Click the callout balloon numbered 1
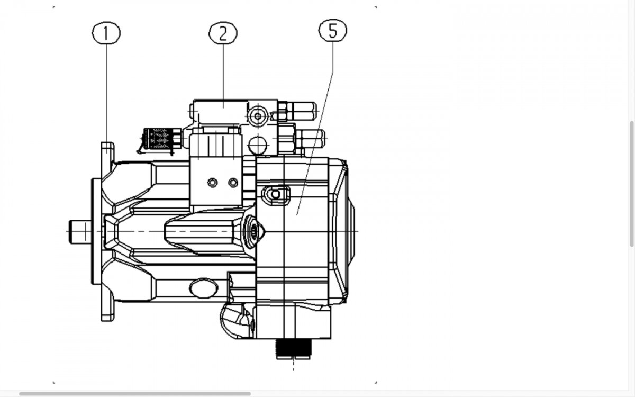coord(106,33)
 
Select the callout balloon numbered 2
coord(223,33)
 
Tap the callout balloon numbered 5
coord(333,30)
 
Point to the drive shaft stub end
coord(80,232)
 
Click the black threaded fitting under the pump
coord(293,349)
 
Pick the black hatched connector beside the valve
coord(159,139)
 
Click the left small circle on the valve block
coord(212,183)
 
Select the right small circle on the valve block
coord(233,183)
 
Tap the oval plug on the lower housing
coord(204,288)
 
